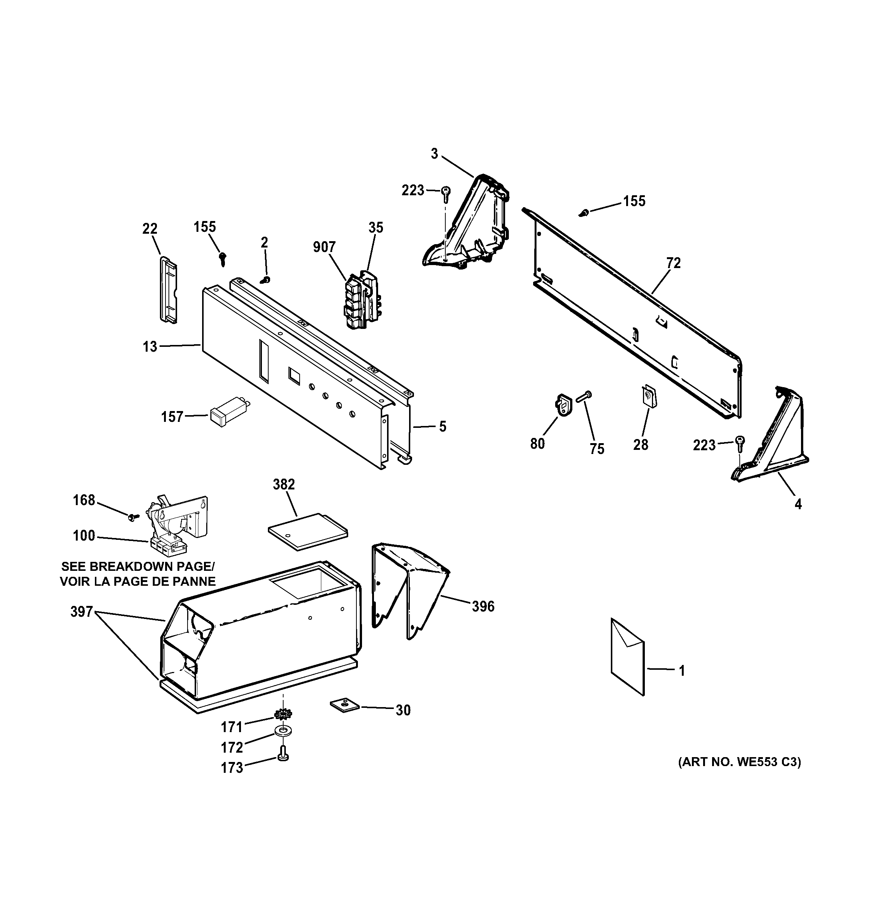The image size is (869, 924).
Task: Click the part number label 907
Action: pyautogui.click(x=324, y=247)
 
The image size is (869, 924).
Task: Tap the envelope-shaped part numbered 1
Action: pyautogui.click(x=628, y=657)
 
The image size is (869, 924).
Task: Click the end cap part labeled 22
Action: pyautogui.click(x=166, y=289)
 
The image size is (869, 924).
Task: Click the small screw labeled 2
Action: pyautogui.click(x=266, y=279)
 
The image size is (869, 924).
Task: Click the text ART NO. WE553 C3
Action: pyautogui.click(x=739, y=762)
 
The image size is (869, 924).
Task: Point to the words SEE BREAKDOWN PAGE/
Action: pyautogui.click(x=138, y=567)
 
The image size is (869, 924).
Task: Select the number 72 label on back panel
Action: pyautogui.click(x=673, y=264)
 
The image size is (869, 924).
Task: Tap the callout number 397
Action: pyautogui.click(x=82, y=612)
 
